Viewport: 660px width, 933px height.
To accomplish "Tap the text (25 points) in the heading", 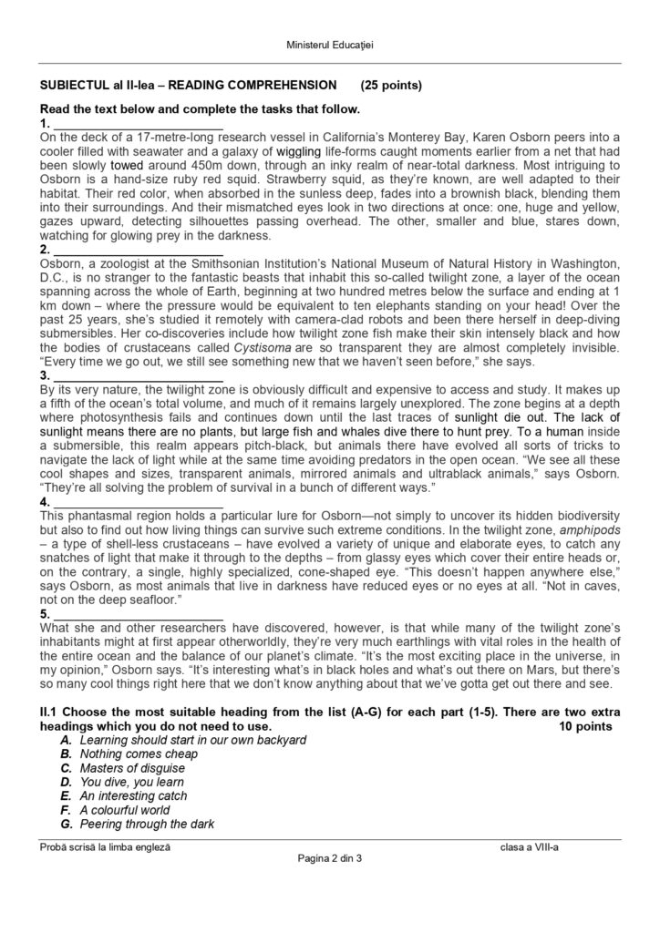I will click(391, 86).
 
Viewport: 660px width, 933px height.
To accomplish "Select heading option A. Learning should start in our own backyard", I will click(192, 741).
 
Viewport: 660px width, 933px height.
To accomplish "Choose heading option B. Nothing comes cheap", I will click(139, 754).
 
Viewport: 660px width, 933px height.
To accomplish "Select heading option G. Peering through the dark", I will click(147, 825).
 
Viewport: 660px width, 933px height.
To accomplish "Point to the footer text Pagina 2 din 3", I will click(330, 860).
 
